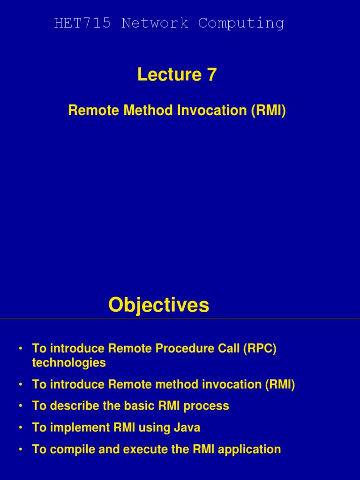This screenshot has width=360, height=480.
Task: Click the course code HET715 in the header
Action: point(82,23)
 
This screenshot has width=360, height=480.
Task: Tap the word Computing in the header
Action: point(241,24)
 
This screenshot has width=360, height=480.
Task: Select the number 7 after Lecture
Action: point(211,75)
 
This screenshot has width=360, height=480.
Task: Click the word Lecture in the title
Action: point(169,75)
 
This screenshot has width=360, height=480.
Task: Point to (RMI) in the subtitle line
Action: point(269,110)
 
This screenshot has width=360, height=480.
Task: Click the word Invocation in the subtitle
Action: point(212,110)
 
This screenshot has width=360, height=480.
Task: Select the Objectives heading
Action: point(159,305)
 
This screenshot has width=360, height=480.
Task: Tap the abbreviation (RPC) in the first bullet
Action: point(260,348)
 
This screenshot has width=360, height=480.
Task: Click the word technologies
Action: point(69,363)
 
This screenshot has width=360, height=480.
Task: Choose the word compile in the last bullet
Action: point(72,450)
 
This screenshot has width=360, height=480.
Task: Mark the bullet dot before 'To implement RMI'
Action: point(21,427)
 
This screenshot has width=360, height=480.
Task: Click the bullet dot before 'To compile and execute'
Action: point(21,450)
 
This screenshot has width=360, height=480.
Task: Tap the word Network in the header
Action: point(155,23)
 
